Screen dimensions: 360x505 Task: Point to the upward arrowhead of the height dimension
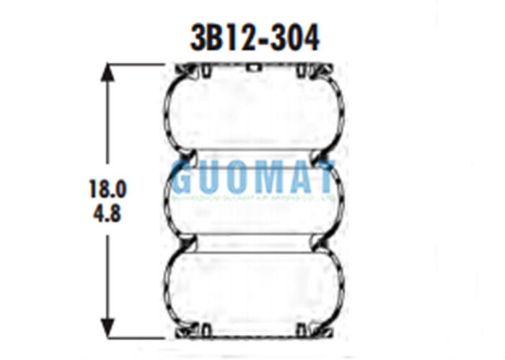108,72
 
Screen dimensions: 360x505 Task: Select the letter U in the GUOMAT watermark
211,180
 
